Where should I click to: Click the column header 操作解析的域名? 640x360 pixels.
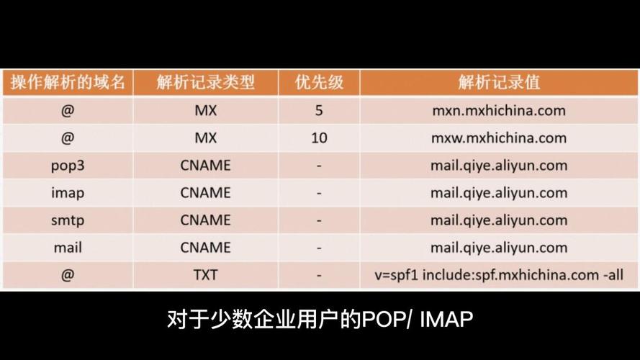point(68,83)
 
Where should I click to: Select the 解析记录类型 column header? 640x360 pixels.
point(206,83)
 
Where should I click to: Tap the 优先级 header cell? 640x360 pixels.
point(319,83)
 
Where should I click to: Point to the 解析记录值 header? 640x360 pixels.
point(499,83)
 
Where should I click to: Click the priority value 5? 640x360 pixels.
point(319,110)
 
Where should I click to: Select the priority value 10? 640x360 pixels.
point(319,138)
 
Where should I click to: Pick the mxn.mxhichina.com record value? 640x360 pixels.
point(499,110)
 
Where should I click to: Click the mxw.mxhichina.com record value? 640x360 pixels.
point(499,138)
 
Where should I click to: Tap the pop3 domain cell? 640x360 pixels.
point(68,166)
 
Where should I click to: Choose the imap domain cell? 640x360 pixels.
point(68,193)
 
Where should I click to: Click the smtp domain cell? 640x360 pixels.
point(68,220)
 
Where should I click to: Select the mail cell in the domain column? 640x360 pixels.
point(68,248)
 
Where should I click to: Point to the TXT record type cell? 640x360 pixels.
point(206,275)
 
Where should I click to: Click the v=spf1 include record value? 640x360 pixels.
point(499,275)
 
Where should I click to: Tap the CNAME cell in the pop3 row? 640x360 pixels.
point(206,166)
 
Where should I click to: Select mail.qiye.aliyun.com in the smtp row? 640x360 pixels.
point(499,220)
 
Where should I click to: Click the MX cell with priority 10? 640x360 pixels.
point(206,138)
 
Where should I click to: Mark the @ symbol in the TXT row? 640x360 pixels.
point(68,275)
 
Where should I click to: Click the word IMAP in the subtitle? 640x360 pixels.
point(446,319)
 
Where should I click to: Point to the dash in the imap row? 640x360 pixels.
point(319,194)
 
